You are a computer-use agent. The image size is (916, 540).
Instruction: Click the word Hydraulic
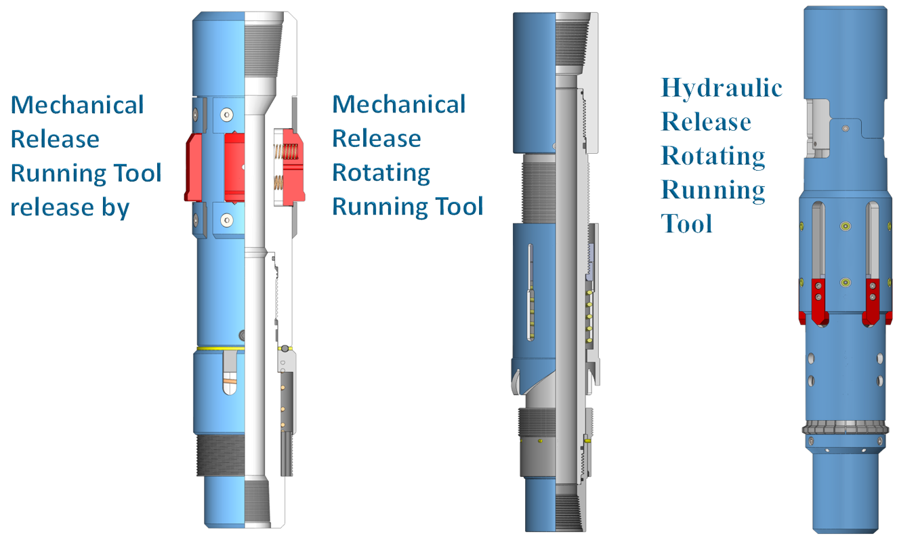(x=722, y=88)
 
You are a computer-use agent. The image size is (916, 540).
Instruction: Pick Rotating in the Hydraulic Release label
(x=712, y=156)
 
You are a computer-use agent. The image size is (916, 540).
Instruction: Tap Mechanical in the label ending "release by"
(x=77, y=105)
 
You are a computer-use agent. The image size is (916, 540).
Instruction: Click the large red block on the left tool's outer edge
(x=195, y=167)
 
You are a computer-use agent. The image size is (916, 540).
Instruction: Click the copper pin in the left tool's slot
(x=230, y=388)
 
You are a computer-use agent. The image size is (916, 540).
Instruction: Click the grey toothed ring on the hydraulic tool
(x=844, y=428)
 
